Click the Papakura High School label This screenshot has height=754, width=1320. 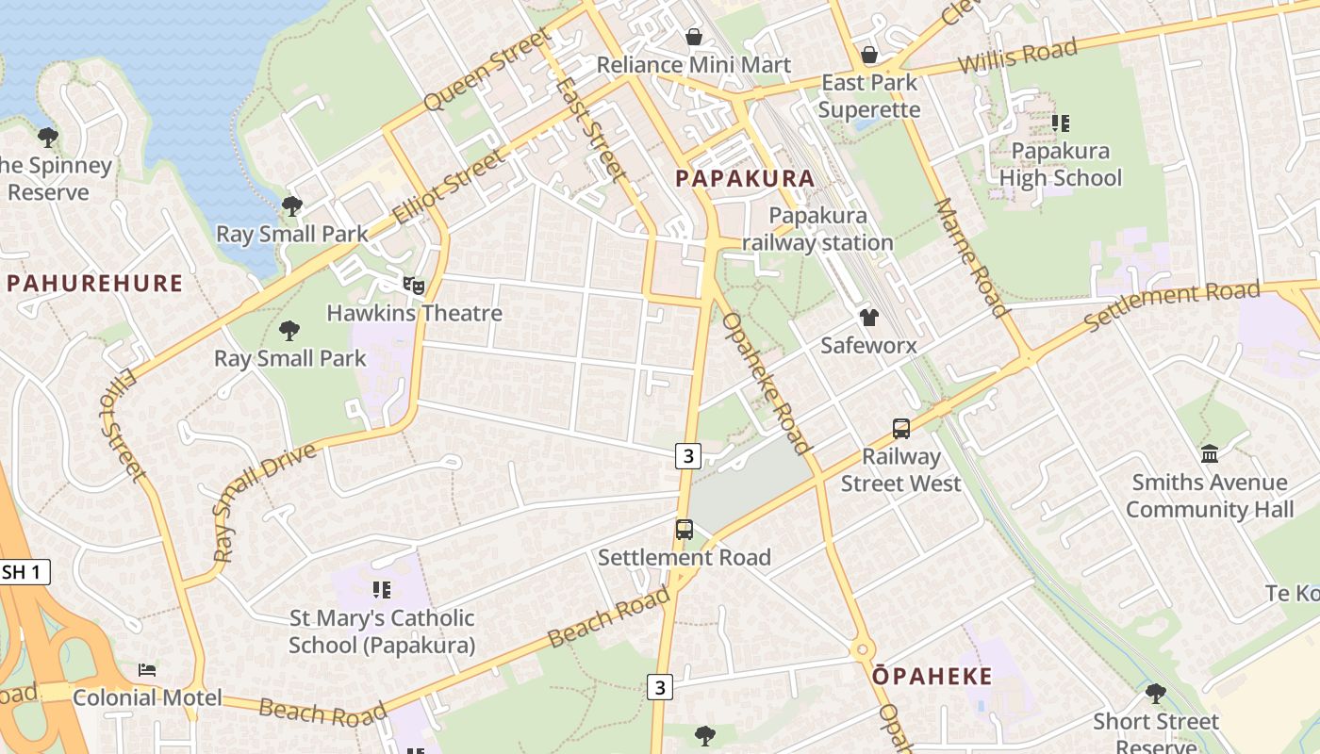click(x=1060, y=165)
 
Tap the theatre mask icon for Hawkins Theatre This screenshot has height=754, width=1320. click(x=413, y=285)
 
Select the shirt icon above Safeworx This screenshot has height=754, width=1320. click(x=868, y=318)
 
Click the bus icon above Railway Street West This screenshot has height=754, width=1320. click(x=900, y=429)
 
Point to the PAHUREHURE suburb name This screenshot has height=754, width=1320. click(x=94, y=283)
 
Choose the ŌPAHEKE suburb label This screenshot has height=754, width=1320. click(x=932, y=676)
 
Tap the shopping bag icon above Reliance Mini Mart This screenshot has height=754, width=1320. click(x=694, y=37)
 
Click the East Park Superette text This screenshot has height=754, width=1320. click(x=868, y=96)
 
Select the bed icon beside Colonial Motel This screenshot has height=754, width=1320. click(x=147, y=670)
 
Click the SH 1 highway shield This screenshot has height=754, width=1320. click(x=23, y=572)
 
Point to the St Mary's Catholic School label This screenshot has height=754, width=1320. click(x=381, y=631)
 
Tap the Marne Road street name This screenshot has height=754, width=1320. click(x=971, y=257)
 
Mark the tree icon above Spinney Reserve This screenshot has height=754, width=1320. click(x=47, y=138)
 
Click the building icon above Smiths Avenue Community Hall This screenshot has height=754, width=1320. click(x=1210, y=454)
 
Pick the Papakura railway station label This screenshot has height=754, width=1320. click(x=817, y=229)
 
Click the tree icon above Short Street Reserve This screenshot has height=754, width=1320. click(x=1155, y=694)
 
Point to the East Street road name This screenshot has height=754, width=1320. click(x=590, y=128)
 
